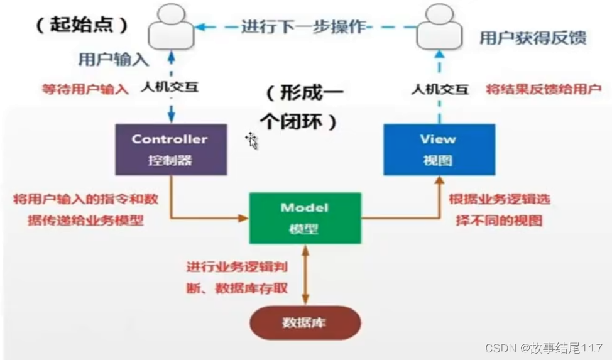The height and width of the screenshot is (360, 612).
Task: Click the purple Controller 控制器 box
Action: (x=170, y=149)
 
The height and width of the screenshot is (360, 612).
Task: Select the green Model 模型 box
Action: (x=305, y=217)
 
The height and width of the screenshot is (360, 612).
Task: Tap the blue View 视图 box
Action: (x=439, y=149)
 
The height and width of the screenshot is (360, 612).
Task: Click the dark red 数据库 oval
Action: (x=305, y=323)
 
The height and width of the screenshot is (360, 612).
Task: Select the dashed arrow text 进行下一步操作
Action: (x=303, y=27)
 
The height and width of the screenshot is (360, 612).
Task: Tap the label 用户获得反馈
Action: (x=533, y=38)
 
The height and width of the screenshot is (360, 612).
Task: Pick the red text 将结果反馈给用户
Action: (x=544, y=89)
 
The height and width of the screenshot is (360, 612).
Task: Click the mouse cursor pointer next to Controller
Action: (x=251, y=139)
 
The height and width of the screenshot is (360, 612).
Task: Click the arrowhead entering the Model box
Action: (x=244, y=218)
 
